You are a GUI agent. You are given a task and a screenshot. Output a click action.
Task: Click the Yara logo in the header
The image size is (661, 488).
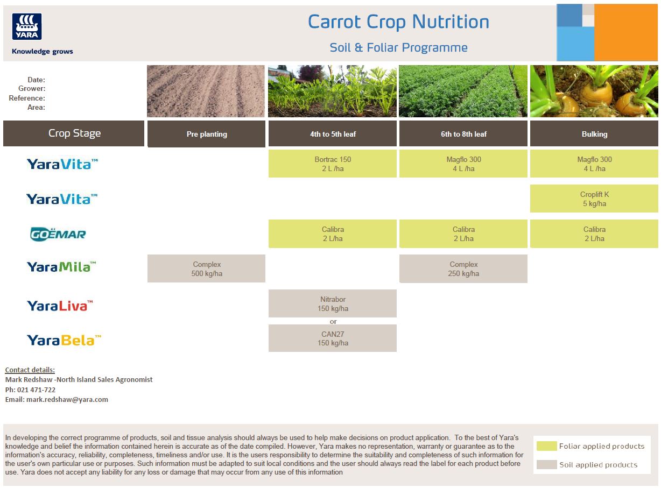click(x=27, y=26)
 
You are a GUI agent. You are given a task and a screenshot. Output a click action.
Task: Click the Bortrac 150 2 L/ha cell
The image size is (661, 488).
click(x=332, y=164)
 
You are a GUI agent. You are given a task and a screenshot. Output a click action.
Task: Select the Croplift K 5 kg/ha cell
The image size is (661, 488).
click(x=594, y=199)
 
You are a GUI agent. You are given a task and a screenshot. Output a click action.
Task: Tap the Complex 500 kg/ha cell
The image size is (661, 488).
click(x=206, y=268)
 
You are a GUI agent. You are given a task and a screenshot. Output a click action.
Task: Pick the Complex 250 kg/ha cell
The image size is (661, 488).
click(x=463, y=268)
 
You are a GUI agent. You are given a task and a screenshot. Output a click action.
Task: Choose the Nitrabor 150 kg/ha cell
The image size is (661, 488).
click(x=332, y=303)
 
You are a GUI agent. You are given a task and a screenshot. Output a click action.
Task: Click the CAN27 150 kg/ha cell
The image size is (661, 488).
click(x=332, y=338)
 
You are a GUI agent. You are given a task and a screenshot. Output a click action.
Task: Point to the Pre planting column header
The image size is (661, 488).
click(x=206, y=134)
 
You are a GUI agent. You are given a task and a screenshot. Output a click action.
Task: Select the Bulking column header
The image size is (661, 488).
click(x=594, y=133)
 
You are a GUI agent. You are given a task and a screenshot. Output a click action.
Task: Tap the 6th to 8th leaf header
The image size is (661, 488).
click(x=463, y=133)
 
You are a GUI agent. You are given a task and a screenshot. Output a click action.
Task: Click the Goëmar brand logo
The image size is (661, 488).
click(x=58, y=234)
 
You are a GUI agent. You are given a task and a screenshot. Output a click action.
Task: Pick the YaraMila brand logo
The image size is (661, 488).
click(x=61, y=267)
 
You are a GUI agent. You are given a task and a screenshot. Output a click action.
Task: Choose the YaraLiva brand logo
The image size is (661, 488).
click(x=60, y=306)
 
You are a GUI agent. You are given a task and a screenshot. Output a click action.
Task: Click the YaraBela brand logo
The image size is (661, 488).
click(x=64, y=340)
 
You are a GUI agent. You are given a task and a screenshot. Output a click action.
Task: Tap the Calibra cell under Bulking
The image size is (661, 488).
click(x=594, y=234)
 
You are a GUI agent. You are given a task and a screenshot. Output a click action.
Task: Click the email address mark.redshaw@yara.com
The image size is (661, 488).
click(x=67, y=400)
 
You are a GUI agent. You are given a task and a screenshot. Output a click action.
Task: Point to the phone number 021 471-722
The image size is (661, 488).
click(x=37, y=390)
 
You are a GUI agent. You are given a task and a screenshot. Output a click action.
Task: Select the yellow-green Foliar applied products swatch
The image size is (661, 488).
click(x=546, y=446)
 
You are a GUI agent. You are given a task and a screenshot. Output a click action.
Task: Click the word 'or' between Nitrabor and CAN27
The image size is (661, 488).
click(x=333, y=321)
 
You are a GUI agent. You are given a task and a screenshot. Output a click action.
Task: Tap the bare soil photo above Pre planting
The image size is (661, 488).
click(x=206, y=91)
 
